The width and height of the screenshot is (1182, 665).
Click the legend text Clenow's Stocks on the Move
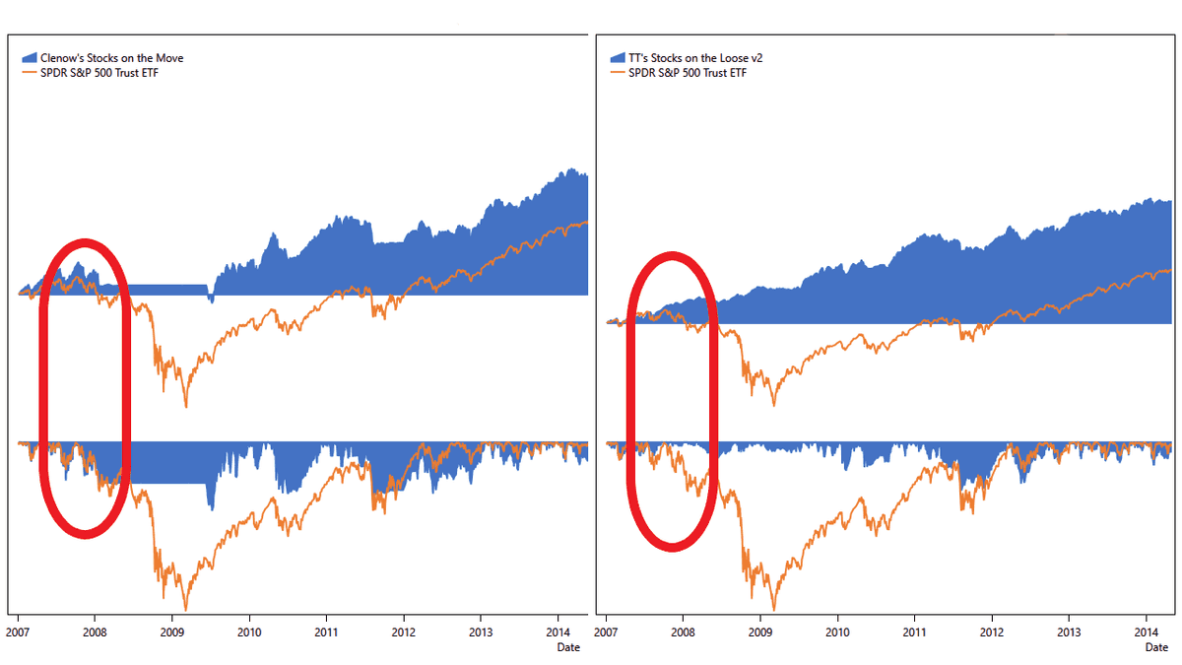111,58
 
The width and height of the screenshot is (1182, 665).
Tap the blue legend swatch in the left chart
28,58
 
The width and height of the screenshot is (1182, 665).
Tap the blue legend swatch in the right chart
617,58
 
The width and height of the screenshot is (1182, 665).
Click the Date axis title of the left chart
568,647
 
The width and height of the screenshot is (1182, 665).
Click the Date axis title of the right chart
1157,647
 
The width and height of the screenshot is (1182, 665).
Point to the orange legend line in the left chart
28,72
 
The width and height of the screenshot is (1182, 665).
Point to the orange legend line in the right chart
617,72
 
